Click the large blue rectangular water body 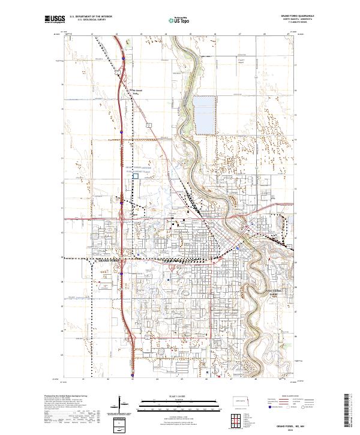pos(205,114)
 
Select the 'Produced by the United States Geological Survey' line pos(63,397)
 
